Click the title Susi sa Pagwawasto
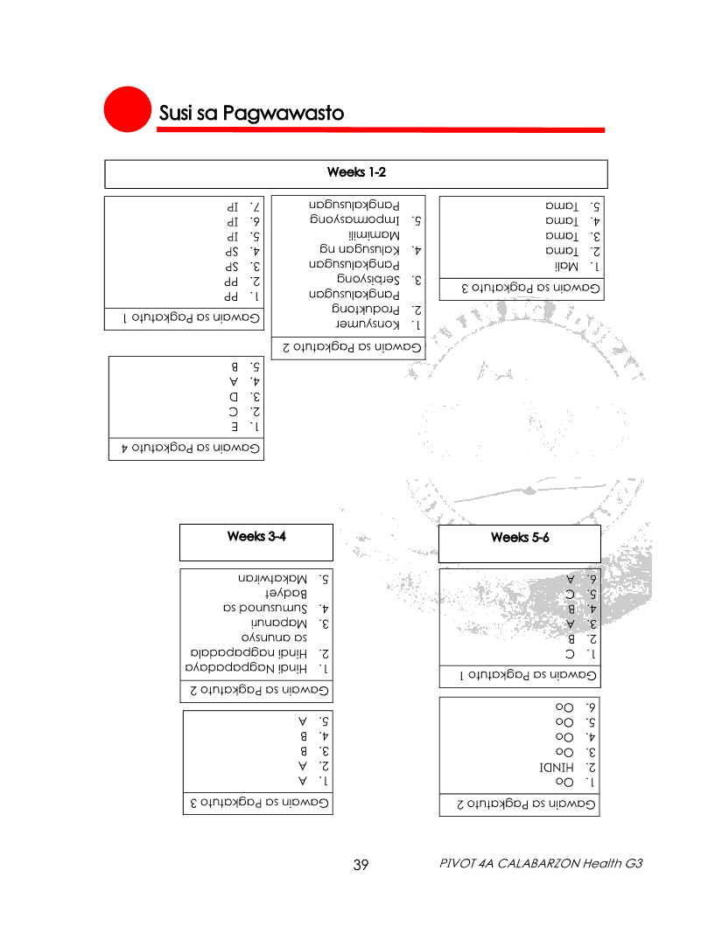(x=251, y=114)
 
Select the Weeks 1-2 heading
(x=356, y=170)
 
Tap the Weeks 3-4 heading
(x=256, y=536)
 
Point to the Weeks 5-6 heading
(x=520, y=538)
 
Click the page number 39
(x=361, y=865)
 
